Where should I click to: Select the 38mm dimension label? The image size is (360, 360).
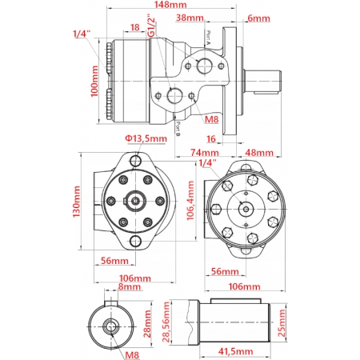tap(189, 17)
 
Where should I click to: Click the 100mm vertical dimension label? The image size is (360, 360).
tap(95, 82)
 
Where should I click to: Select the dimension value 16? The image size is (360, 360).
tap(211, 138)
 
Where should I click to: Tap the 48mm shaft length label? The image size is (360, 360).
tap(258, 152)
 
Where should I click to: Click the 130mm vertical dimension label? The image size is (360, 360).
tap(78, 202)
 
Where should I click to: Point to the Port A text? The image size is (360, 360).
tap(208, 37)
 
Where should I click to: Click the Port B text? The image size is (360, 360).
tap(178, 122)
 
